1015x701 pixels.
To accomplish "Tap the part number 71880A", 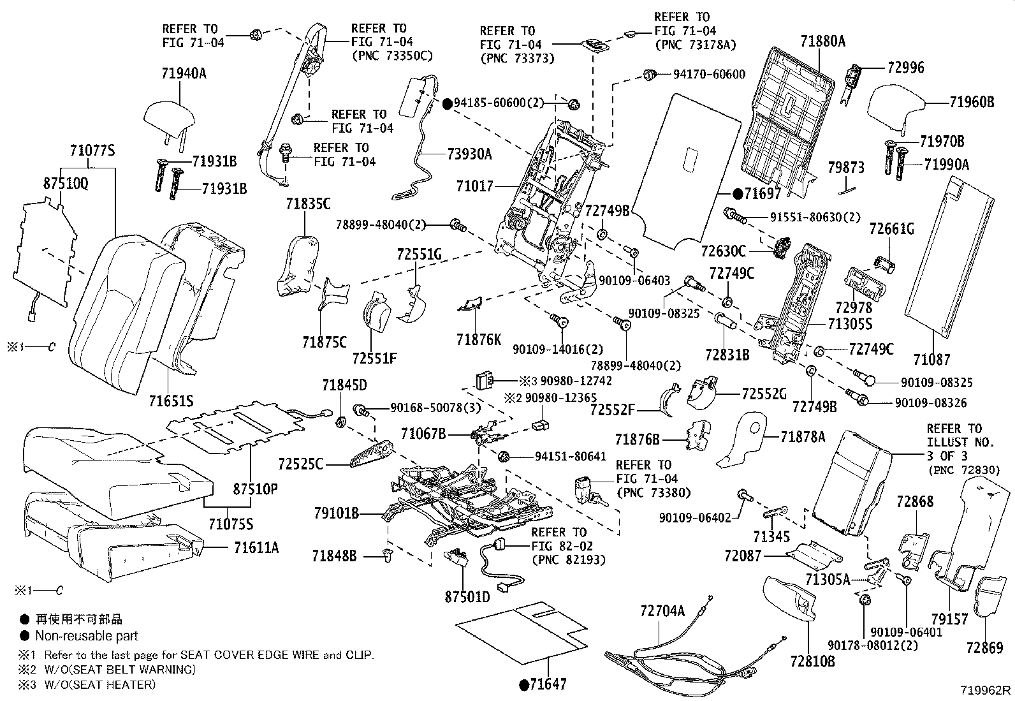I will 822,41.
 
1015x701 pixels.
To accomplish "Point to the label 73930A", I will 470,154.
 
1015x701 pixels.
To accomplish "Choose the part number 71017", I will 474,186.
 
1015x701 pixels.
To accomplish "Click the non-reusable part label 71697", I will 761,194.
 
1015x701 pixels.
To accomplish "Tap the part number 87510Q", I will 66,182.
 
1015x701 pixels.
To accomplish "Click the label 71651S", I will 171,401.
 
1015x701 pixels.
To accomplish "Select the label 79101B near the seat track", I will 337,513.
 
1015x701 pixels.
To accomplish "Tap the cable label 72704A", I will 662,611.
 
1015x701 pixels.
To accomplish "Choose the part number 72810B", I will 812,661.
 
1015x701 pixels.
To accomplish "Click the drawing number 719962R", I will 986,690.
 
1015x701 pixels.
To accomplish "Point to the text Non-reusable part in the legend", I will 86,635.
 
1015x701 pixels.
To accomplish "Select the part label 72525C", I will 300,463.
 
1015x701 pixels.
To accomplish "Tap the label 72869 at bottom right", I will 984,648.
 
